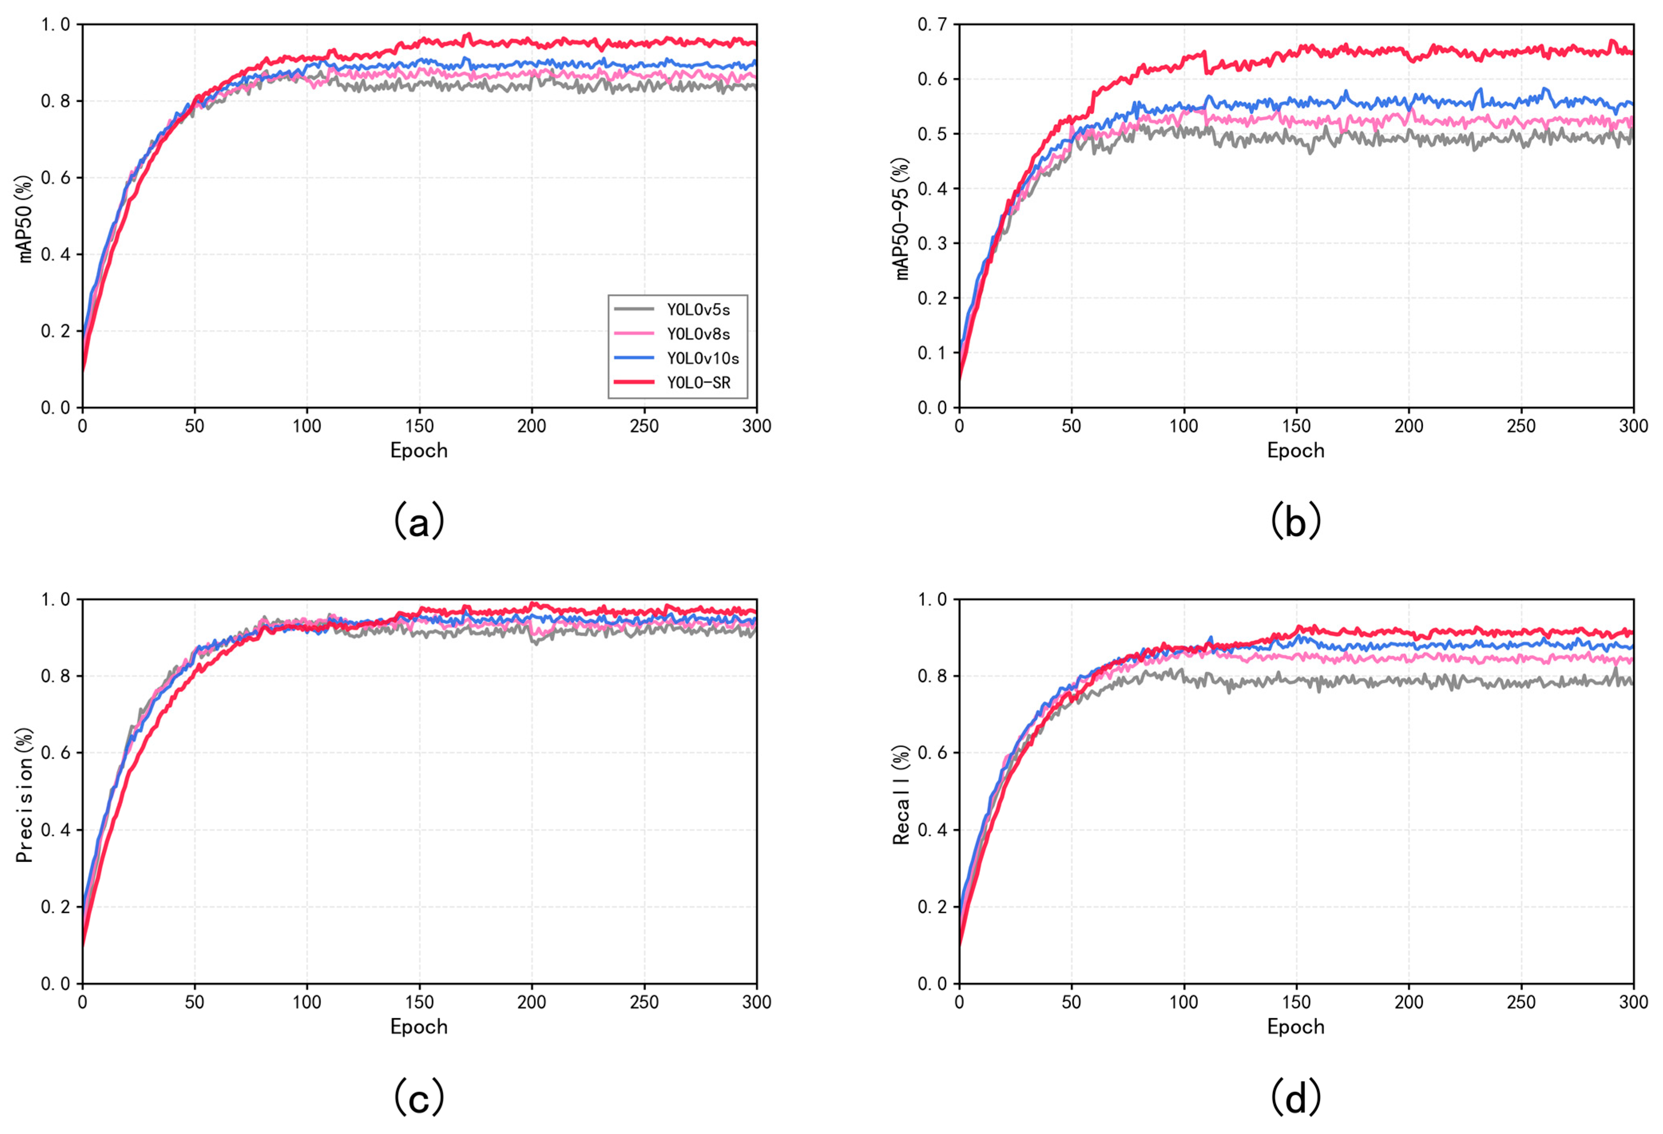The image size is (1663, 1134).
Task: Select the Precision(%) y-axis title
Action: tap(25, 795)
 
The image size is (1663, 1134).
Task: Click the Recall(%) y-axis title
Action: tap(902, 795)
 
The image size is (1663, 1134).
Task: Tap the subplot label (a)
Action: tap(418, 521)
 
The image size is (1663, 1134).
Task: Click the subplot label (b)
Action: tap(1295, 521)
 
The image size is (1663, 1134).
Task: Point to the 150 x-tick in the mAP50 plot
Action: tap(419, 426)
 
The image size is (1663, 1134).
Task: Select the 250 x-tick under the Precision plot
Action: tap(644, 1002)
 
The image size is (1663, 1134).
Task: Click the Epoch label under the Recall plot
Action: tap(1295, 1027)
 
